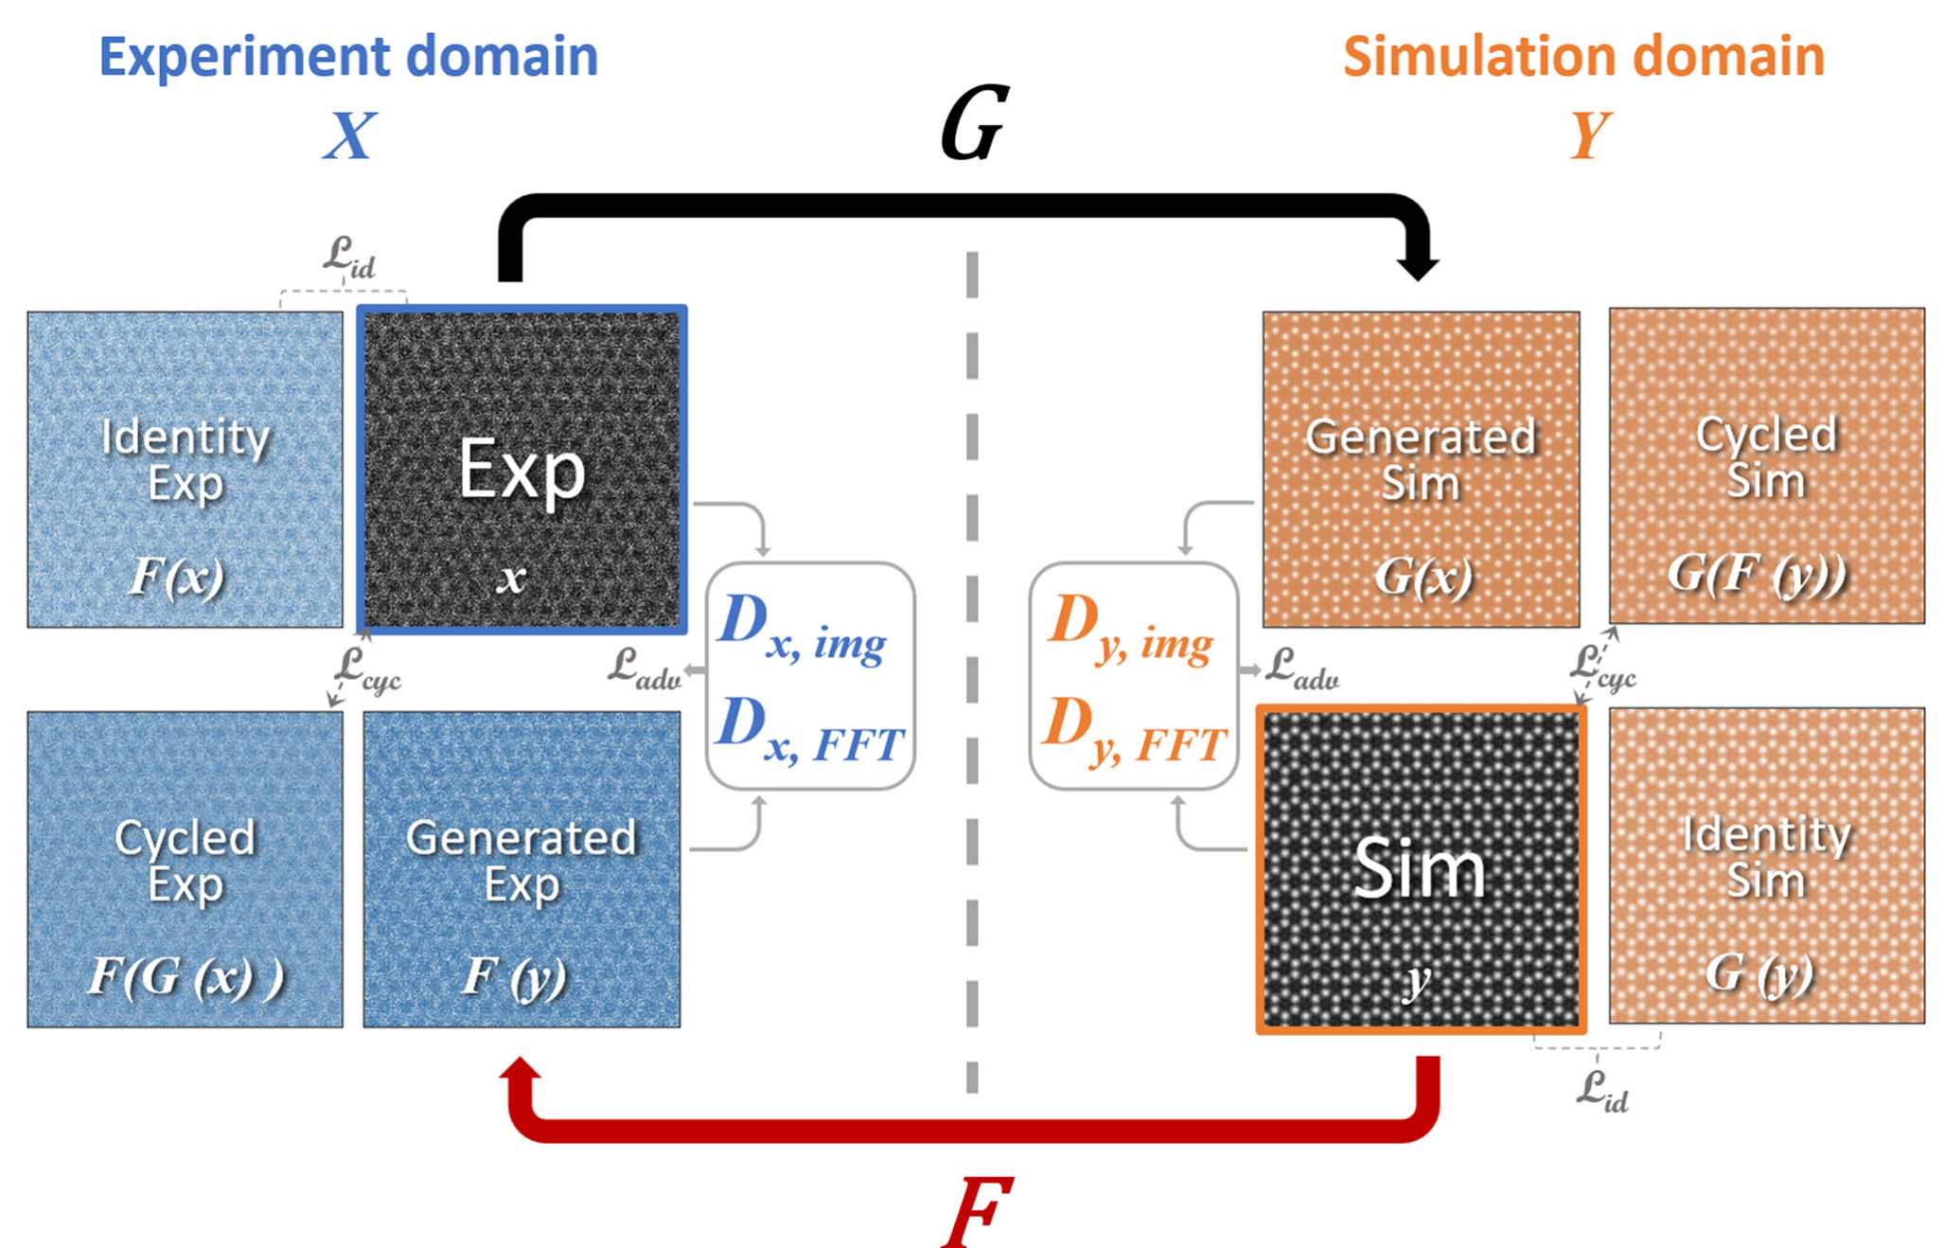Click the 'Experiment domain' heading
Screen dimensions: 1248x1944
348,57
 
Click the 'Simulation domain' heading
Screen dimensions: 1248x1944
1583,57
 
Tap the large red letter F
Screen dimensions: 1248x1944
978,1211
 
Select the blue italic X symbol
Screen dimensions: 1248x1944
349,136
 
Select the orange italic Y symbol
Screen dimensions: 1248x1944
1589,136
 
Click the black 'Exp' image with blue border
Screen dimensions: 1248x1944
521,469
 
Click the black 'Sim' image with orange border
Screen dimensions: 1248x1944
1421,869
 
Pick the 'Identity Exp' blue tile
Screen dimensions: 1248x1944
185,469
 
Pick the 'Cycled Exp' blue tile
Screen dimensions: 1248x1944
185,869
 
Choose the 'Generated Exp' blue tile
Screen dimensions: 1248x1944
521,869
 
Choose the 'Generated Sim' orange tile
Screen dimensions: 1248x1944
1421,469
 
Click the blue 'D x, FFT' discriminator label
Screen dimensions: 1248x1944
810,732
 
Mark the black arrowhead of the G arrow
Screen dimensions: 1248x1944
1418,265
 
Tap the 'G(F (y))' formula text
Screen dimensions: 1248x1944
1757,574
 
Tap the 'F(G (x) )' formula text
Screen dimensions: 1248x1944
186,977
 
